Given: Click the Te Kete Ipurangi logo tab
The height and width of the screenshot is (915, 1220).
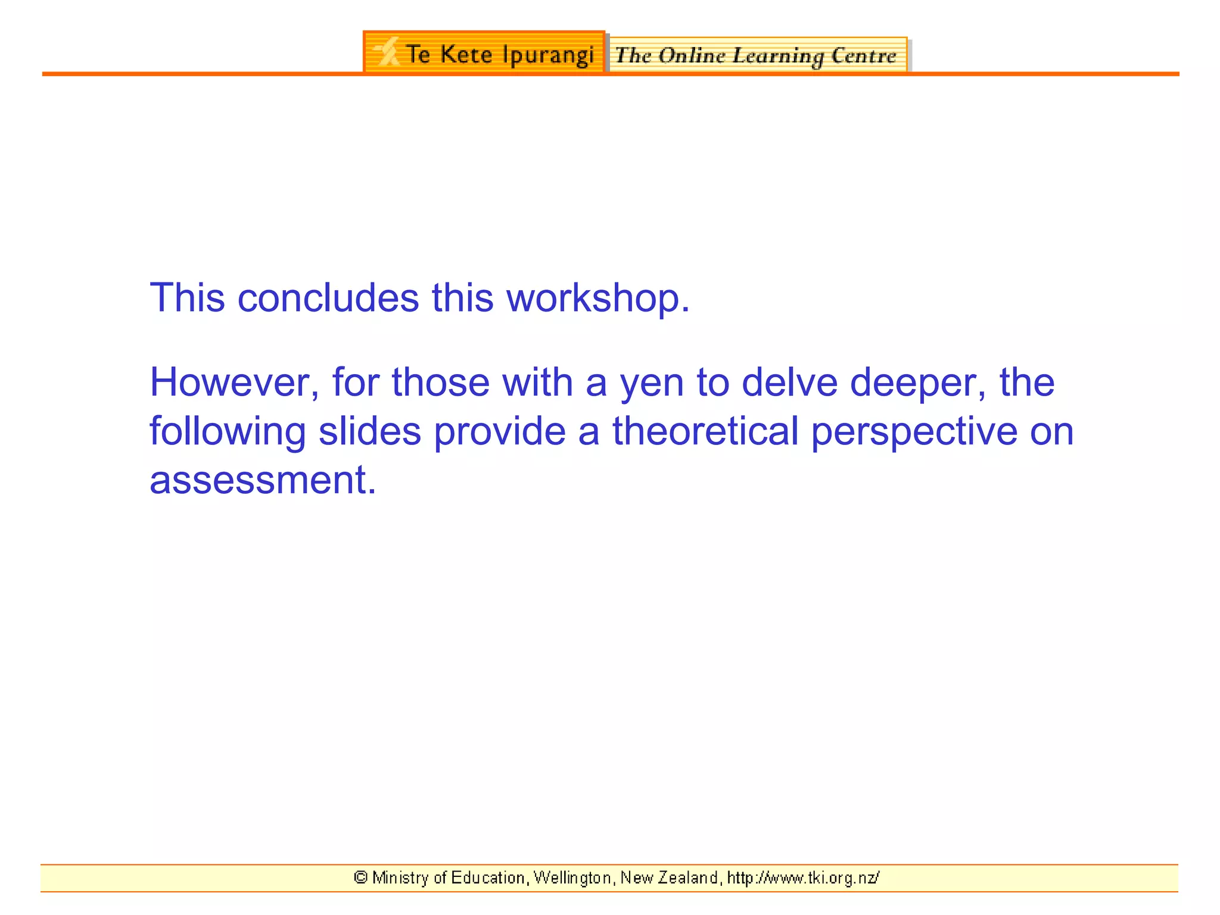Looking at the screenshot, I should [x=484, y=53].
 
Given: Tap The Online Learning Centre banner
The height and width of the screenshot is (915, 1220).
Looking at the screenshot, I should [x=757, y=55].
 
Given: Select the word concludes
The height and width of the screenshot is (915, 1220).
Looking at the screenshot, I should [x=328, y=298].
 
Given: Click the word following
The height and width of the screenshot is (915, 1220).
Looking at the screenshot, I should [x=228, y=432].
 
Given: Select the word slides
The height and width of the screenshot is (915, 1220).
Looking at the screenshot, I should [x=370, y=431].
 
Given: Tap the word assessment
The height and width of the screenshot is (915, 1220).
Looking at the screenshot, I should [x=263, y=480].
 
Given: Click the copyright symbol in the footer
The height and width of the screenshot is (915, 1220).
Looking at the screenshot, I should [x=360, y=877].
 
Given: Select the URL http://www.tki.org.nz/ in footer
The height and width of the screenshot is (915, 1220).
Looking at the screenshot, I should [x=803, y=878].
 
